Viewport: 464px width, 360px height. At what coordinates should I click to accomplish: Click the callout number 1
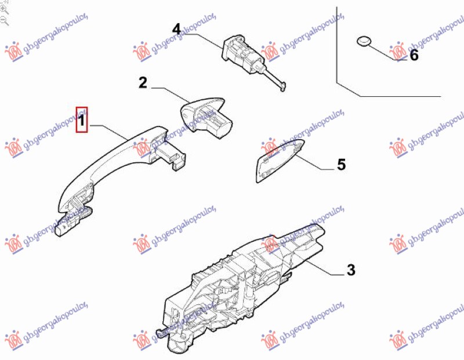[81, 121]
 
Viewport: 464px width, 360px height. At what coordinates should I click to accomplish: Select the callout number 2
[143, 82]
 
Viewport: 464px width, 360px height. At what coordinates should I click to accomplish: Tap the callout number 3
[351, 270]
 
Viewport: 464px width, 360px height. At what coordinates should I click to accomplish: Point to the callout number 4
[176, 30]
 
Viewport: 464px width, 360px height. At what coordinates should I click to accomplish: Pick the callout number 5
[341, 165]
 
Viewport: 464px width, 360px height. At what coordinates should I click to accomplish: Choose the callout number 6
[414, 55]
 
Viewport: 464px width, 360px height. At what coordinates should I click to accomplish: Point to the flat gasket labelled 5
[278, 161]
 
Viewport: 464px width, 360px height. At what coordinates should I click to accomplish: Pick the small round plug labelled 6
[364, 41]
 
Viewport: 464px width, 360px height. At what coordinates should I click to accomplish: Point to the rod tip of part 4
[282, 88]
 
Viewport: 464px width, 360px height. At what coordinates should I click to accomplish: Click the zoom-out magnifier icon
[4, 21]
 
